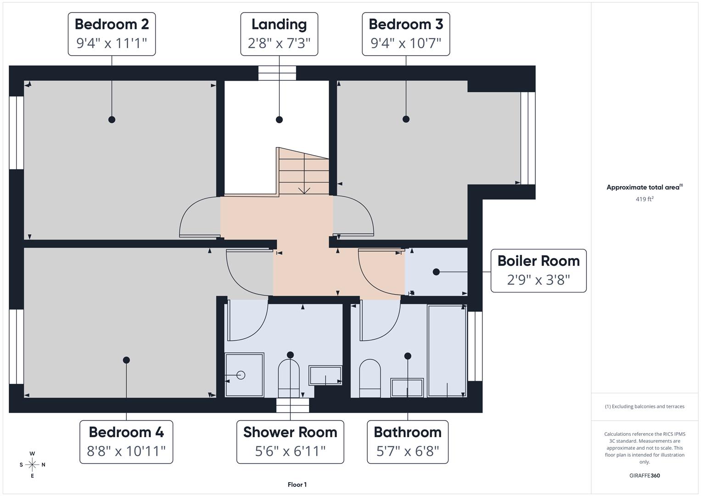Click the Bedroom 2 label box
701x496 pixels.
112,34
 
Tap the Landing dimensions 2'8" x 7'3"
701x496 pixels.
279,43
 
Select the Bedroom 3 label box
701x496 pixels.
406,34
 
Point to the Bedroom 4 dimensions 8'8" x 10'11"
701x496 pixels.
126,451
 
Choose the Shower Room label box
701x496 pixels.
290,442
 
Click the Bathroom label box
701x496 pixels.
408,442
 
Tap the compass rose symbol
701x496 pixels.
32,465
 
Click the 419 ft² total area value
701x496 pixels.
645,199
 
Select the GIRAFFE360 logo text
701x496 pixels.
645,475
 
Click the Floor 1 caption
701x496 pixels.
297,485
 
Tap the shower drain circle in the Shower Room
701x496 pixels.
241,375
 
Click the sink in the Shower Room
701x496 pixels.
325,375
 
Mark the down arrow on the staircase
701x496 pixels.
304,190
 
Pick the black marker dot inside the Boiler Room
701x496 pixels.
436,272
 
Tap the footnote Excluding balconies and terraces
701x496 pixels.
645,406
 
